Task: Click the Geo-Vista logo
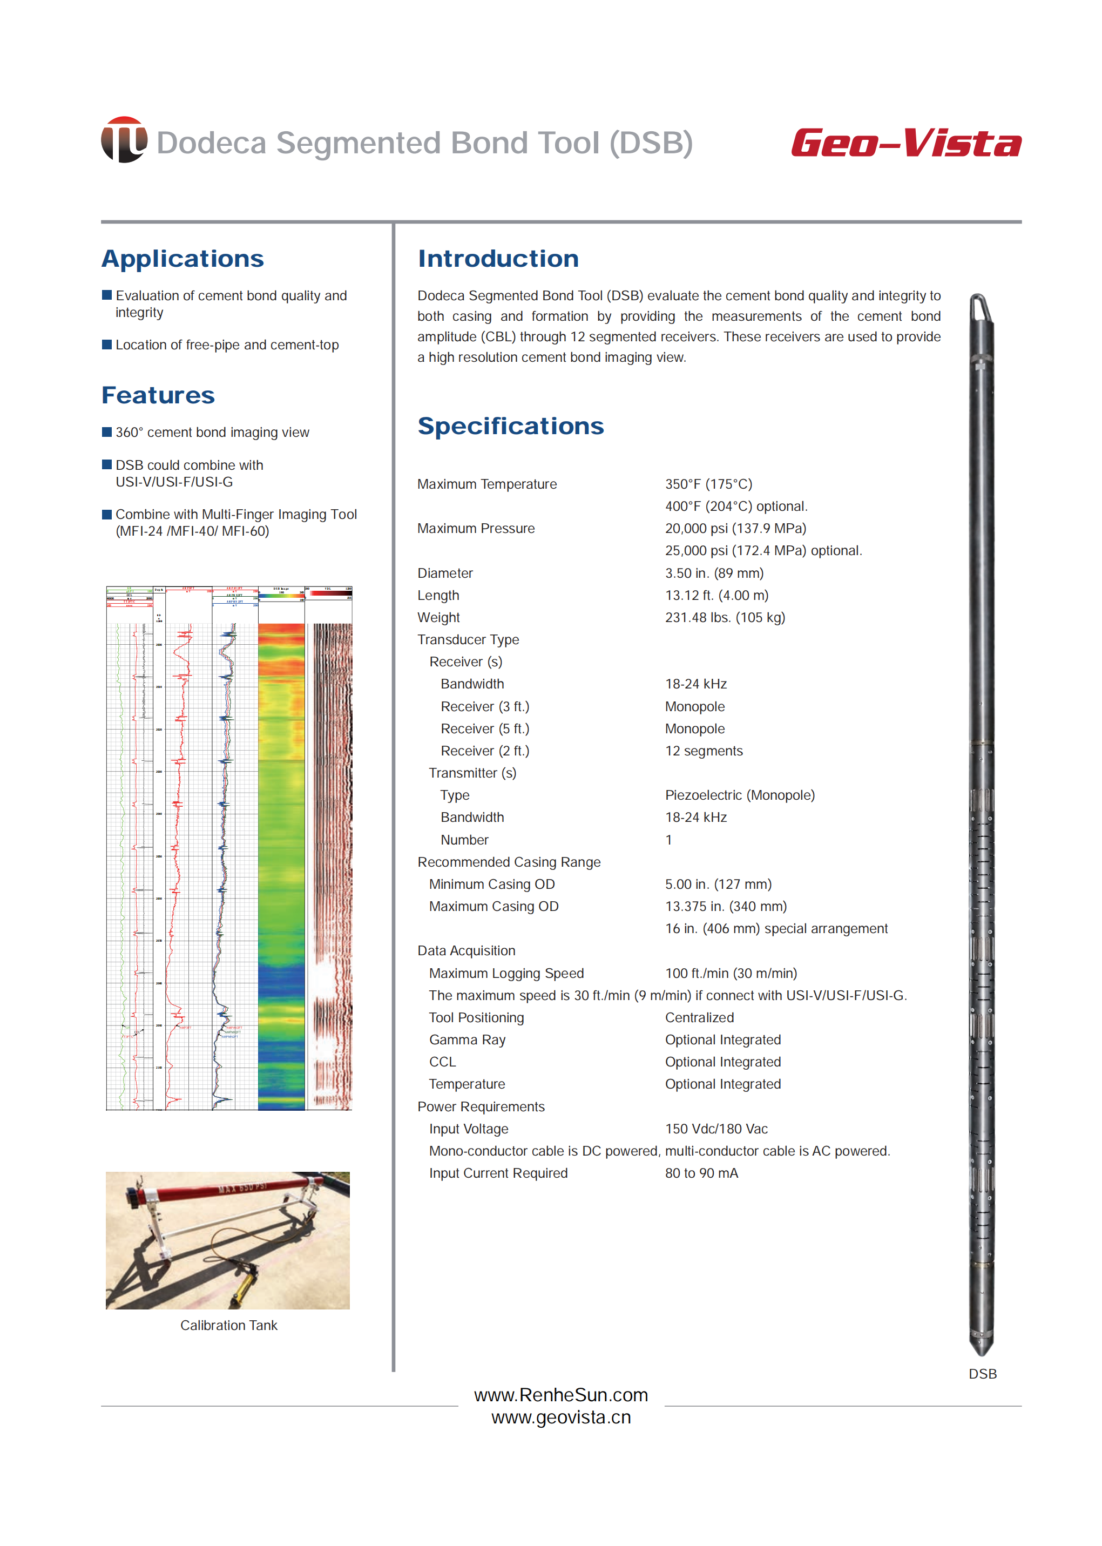[x=906, y=143]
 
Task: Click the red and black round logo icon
[x=124, y=140]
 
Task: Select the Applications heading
[x=182, y=259]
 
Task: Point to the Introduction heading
[x=498, y=259]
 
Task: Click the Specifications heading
[x=510, y=426]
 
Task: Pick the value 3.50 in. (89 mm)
[x=714, y=573]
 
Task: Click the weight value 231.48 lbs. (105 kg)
[x=725, y=618]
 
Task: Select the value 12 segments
[x=704, y=751]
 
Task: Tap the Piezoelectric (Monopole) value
[x=740, y=795]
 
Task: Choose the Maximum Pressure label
[x=476, y=529]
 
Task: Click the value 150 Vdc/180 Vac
[x=716, y=1129]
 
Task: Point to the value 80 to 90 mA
[x=701, y=1173]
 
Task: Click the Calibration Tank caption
[x=229, y=1326]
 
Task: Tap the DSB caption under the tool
[x=982, y=1374]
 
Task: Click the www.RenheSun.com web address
[x=560, y=1395]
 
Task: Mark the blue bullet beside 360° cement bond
[x=106, y=433]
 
